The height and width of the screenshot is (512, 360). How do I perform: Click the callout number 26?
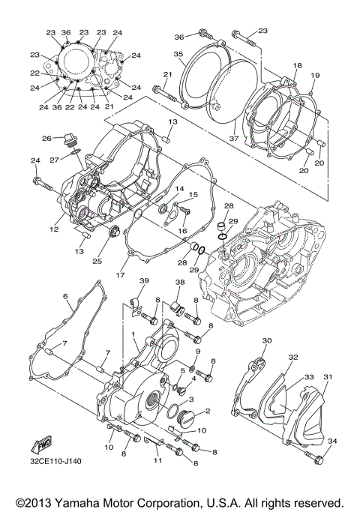tap(46, 139)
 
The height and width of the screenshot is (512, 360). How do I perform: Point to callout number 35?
tap(178, 54)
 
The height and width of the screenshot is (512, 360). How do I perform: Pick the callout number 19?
tap(315, 76)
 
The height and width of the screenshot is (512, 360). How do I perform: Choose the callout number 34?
tap(332, 441)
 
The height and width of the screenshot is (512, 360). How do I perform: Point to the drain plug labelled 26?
tap(69, 139)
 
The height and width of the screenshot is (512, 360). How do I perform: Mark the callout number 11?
tap(157, 460)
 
